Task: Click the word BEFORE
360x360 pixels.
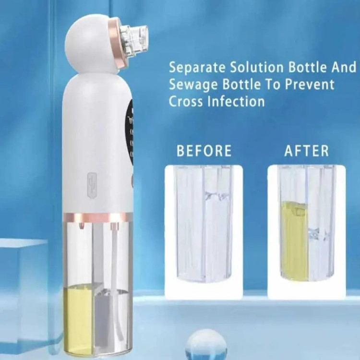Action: (204, 151)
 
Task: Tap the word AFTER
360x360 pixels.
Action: (307, 151)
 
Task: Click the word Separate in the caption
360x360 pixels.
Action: (197, 68)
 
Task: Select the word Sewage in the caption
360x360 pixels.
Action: (193, 84)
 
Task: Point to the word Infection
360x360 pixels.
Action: (236, 101)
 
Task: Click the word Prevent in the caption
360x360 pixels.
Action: (310, 84)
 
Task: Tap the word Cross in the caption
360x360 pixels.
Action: (186, 101)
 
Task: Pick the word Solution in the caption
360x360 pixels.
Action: (257, 67)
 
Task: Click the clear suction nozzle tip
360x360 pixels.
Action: (135, 37)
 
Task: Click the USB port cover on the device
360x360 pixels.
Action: (91, 185)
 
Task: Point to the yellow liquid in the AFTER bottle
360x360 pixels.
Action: (293, 240)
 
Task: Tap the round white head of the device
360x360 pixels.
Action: (92, 44)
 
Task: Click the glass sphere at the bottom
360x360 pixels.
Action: (206, 345)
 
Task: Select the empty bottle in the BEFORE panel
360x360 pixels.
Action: (204, 224)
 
